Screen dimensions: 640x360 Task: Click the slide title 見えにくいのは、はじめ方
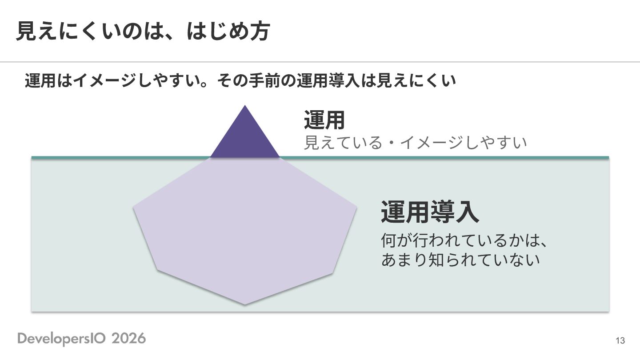click(x=143, y=31)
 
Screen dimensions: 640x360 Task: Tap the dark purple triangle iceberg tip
click(x=245, y=137)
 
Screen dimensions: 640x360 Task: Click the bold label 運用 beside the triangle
click(x=324, y=120)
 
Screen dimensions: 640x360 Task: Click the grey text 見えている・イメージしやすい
click(x=415, y=143)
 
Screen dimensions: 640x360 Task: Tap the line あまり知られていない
click(x=460, y=260)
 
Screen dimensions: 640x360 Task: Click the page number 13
click(x=620, y=340)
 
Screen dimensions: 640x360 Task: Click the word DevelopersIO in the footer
click(x=61, y=339)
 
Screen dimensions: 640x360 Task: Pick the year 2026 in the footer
click(x=128, y=339)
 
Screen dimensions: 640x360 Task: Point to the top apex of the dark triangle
click(x=245, y=105)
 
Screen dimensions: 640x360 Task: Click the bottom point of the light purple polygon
click(x=245, y=304)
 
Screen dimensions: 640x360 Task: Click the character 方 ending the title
click(x=260, y=31)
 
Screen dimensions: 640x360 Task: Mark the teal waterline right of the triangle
click(x=444, y=157)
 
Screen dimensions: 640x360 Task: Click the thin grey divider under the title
click(x=320, y=62)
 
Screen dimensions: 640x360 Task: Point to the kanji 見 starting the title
click(x=27, y=31)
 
